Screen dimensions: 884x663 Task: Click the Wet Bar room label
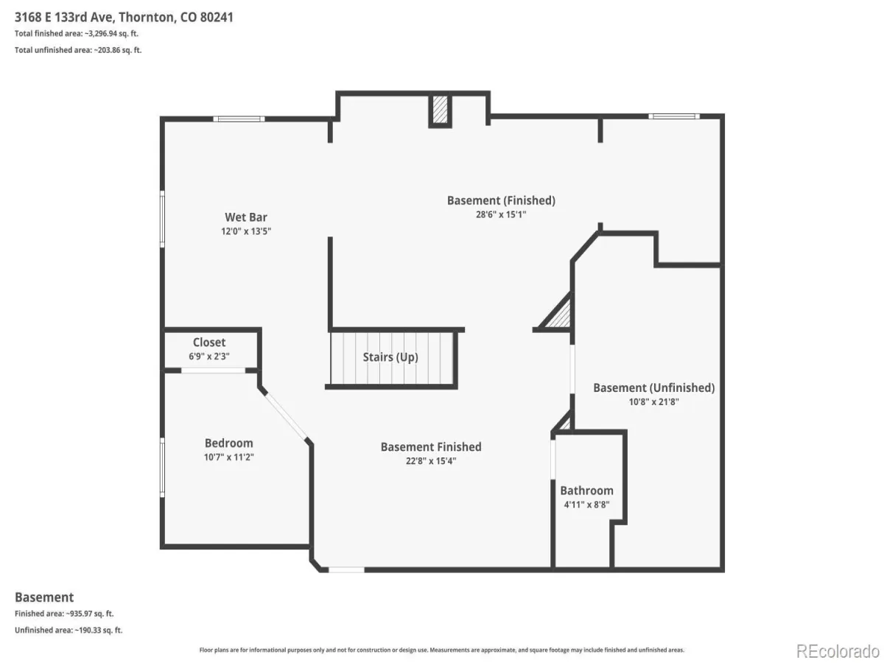pos(245,217)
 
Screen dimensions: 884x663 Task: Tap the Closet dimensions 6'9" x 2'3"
pos(209,357)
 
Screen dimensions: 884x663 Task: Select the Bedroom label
pos(229,443)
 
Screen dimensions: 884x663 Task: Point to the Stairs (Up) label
pos(390,357)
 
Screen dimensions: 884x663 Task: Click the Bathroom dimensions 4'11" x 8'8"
pos(586,505)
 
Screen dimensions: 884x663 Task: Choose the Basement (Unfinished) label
pos(653,387)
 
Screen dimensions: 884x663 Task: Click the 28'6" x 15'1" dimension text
pos(501,214)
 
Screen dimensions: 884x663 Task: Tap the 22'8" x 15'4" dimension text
pos(430,460)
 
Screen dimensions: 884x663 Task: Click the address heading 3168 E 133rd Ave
pos(65,17)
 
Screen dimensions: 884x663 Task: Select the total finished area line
pos(77,34)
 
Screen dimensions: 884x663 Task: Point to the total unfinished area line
pos(78,50)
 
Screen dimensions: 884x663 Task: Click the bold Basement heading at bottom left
pos(44,597)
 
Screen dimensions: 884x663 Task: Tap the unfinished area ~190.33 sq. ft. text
pos(69,631)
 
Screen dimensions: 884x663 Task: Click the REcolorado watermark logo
pos(838,651)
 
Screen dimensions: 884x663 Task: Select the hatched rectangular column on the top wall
pos(440,110)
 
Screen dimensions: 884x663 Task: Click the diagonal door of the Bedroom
pos(285,415)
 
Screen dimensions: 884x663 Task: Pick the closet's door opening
pos(213,371)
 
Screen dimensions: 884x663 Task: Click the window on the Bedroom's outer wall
pos(162,467)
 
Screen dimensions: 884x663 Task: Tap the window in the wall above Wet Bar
pos(239,119)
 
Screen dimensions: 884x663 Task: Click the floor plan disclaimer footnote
pos(441,650)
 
